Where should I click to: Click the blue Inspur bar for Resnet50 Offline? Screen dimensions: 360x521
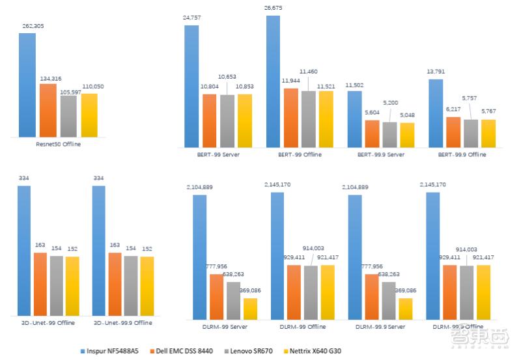click(x=27, y=85)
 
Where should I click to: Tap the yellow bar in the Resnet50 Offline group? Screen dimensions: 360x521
click(x=89, y=115)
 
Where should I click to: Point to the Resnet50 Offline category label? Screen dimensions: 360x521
click(x=59, y=144)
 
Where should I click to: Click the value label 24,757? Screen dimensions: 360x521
click(x=191, y=20)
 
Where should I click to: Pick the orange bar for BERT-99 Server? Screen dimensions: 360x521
click(x=209, y=121)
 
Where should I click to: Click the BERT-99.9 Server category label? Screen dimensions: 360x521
click(x=380, y=154)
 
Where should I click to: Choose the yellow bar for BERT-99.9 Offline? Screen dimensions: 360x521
click(x=487, y=133)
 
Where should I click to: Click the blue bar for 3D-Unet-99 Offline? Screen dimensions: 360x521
click(x=24, y=250)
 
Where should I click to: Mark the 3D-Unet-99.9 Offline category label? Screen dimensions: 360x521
click(x=123, y=322)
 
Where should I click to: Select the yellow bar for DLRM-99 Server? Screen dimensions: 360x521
click(x=250, y=308)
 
